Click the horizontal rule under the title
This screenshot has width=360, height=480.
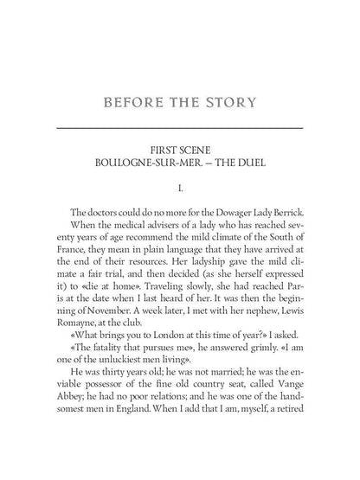[179, 128]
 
